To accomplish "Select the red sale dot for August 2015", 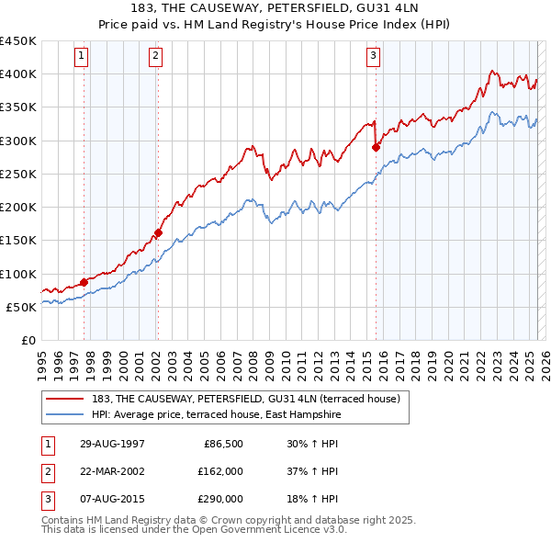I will click(376, 147).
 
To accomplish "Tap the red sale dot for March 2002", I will click(158, 232).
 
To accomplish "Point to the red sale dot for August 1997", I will click(84, 282).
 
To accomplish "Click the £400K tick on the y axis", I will click(18, 74).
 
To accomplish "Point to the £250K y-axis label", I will click(18, 174).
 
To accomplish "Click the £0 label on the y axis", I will click(28, 340).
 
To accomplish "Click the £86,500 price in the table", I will click(222, 444).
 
